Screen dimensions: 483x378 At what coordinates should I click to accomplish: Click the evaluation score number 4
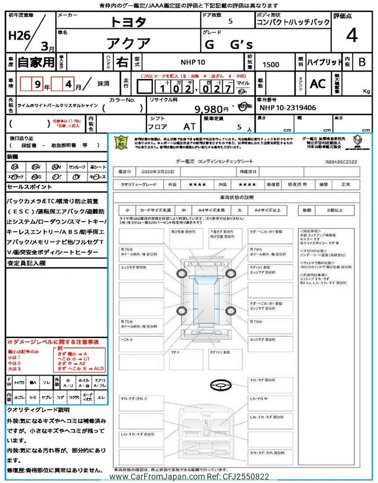(x=351, y=36)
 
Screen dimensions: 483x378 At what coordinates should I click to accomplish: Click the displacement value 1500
(x=271, y=65)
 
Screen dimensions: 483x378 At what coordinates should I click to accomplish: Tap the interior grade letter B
(x=362, y=61)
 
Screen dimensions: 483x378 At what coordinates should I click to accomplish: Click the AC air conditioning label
(x=318, y=84)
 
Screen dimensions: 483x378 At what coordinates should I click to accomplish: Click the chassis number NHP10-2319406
(x=288, y=109)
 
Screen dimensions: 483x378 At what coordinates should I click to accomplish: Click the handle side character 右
(x=120, y=61)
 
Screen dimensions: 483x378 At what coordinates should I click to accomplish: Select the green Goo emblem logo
(x=121, y=143)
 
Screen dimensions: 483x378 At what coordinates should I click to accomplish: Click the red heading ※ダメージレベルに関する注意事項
(x=53, y=341)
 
